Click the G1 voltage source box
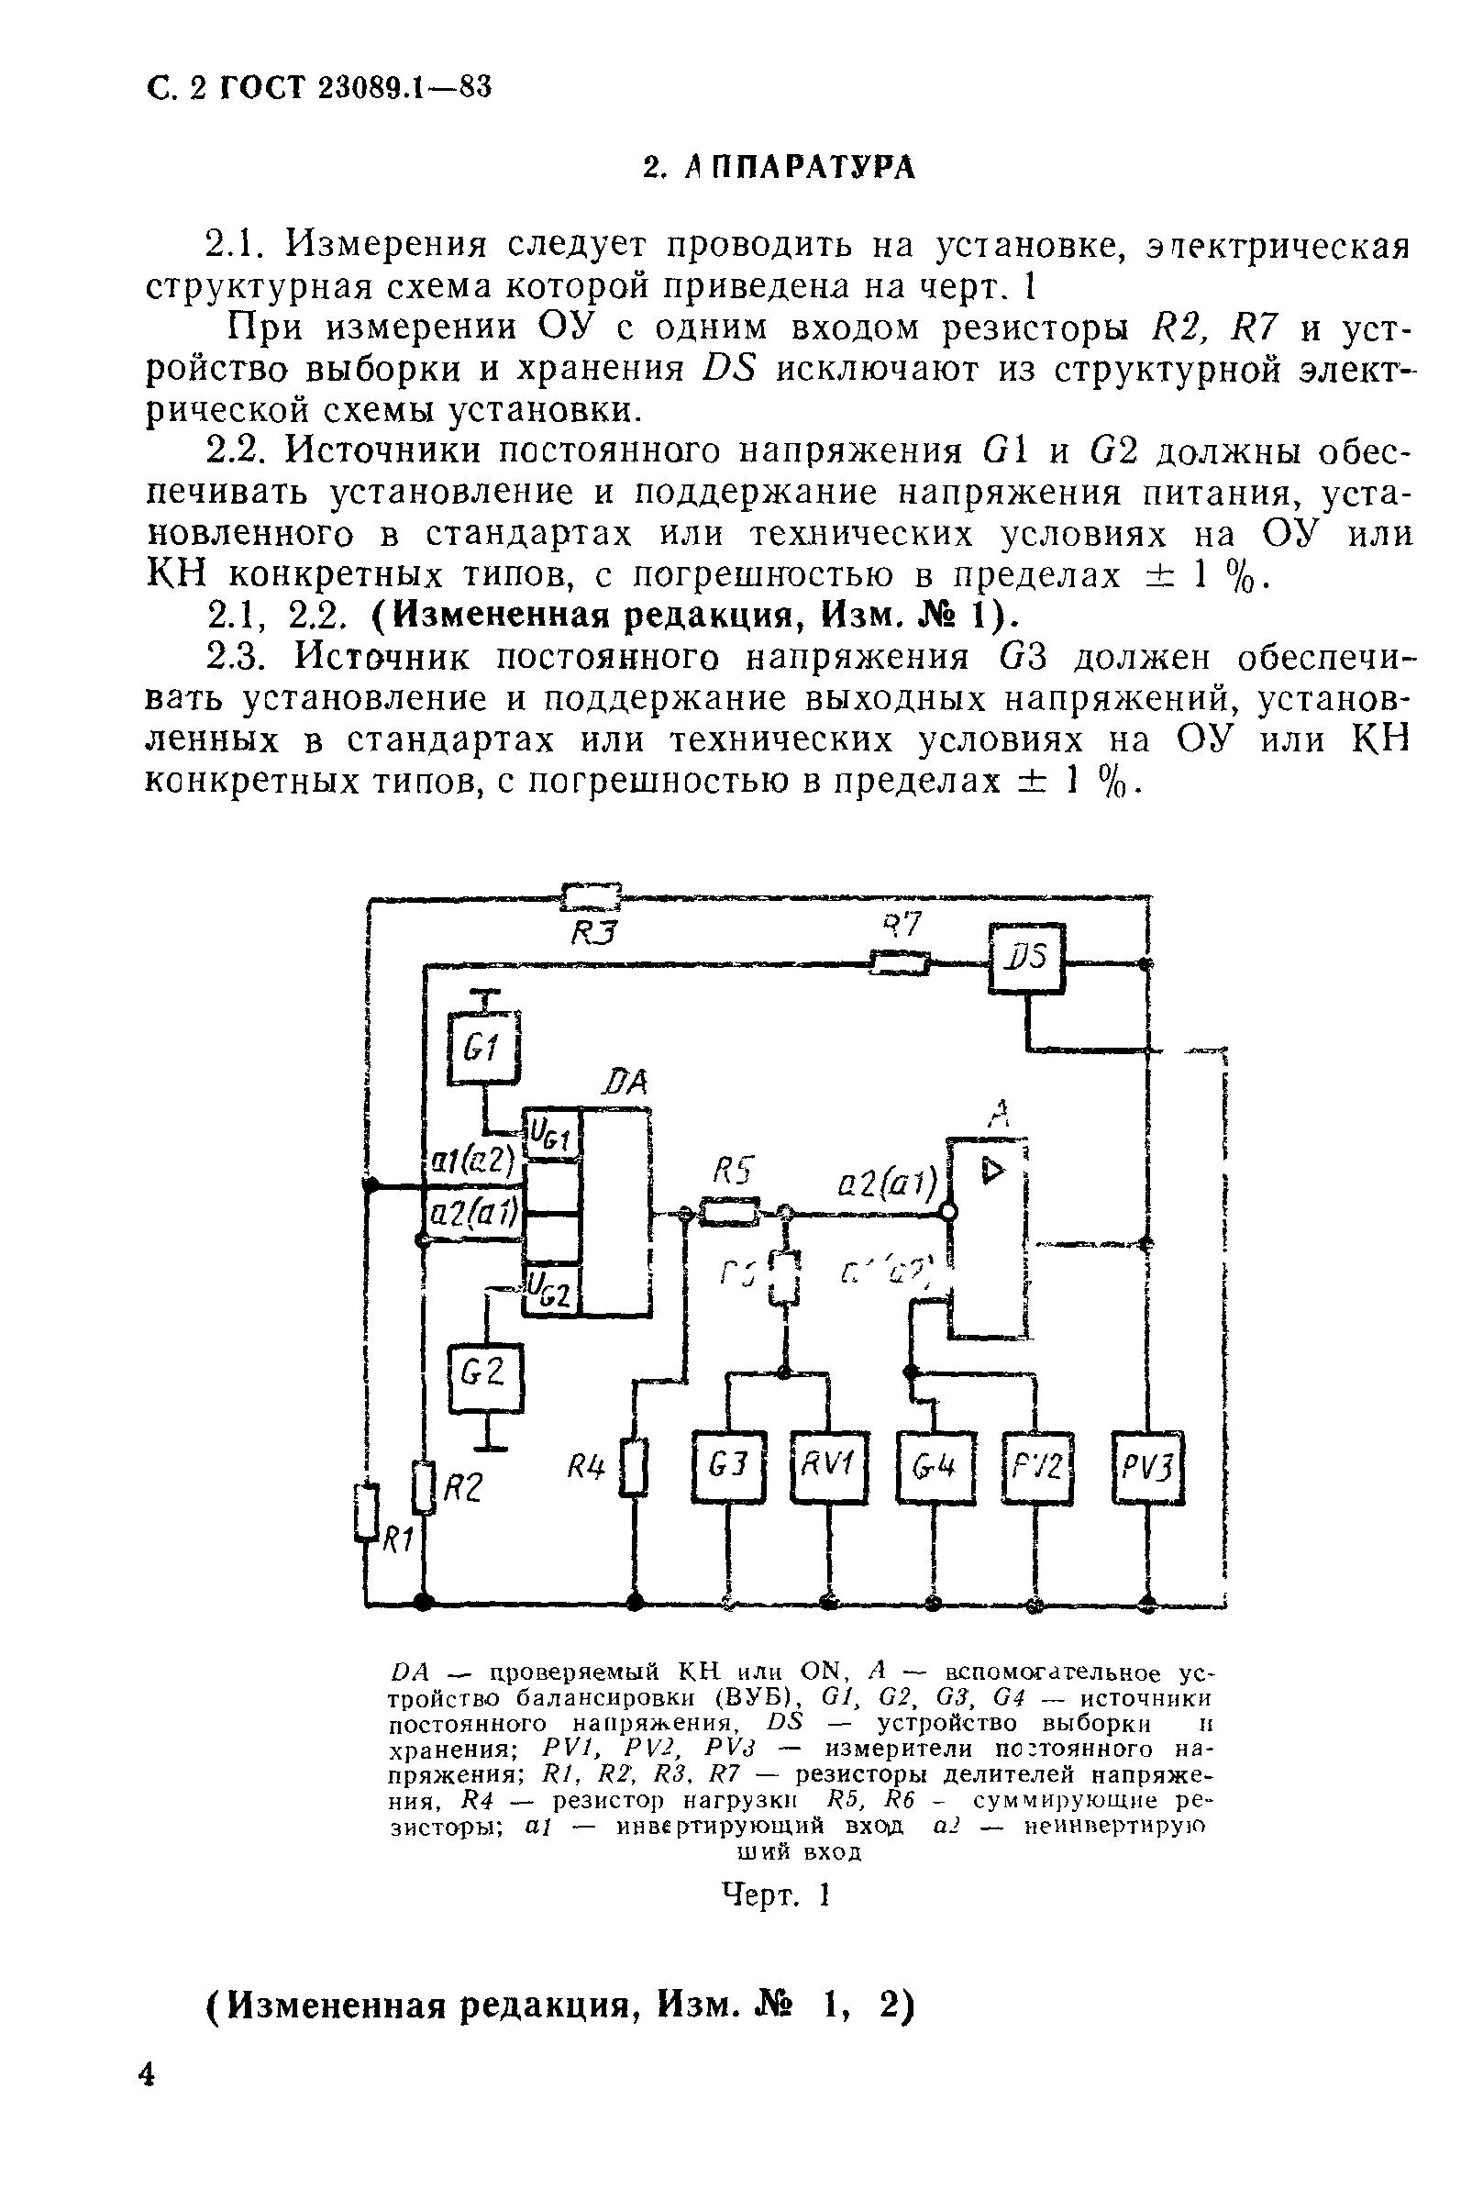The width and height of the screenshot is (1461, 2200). [483, 1048]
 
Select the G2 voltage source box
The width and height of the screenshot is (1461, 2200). [485, 1377]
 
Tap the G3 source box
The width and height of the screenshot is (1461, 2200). [728, 1467]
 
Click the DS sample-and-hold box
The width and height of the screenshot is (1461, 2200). [1027, 958]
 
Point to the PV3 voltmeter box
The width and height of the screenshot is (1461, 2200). [1148, 1467]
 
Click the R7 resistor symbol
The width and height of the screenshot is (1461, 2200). [899, 961]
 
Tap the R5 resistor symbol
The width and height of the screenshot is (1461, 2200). [729, 1211]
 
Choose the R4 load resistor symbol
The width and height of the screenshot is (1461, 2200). [635, 1469]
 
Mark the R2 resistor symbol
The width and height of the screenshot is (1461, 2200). [424, 1487]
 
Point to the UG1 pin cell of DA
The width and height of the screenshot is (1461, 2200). [552, 1133]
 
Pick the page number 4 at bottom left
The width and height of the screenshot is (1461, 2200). [147, 2101]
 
